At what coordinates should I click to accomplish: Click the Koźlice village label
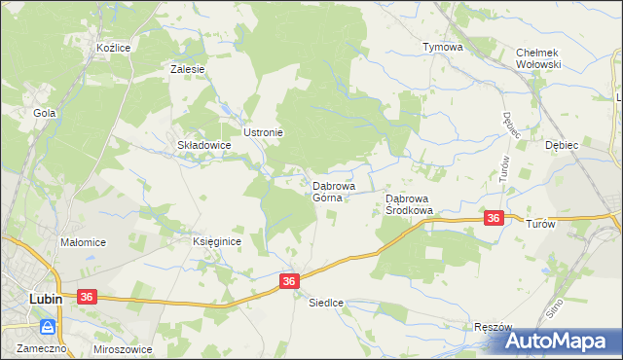tap(114, 47)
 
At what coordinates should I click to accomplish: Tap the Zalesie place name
tap(187, 69)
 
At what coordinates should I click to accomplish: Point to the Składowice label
tap(203, 145)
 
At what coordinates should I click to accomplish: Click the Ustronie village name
tap(263, 131)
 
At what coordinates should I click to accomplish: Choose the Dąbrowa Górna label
tap(333, 191)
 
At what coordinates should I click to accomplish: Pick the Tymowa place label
tap(441, 47)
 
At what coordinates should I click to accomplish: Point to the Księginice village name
tap(216, 241)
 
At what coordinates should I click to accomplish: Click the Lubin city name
tap(45, 299)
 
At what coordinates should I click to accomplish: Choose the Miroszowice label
tap(124, 347)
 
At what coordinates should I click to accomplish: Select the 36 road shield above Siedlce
tap(288, 280)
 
